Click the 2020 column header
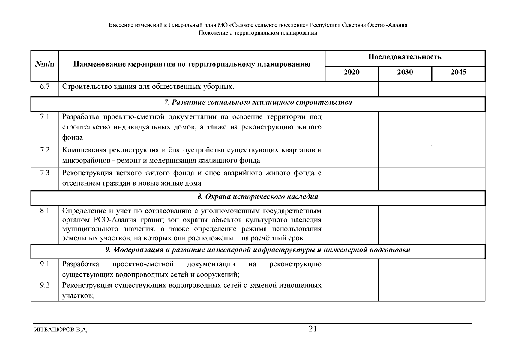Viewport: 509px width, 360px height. [352, 72]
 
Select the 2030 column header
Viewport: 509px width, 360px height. [405, 72]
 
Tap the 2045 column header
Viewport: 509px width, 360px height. [458, 72]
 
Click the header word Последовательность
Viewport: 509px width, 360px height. [405, 57]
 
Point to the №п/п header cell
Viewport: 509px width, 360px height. [45, 64]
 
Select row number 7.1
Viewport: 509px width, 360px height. [45, 116]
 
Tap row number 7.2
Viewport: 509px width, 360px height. [45, 150]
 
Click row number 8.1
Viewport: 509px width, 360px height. [45, 211]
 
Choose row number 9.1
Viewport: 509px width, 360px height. [45, 264]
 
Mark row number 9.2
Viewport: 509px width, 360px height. [45, 285]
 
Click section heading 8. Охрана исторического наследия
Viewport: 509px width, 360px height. [258, 197]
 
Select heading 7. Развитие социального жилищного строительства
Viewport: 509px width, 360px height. [258, 103]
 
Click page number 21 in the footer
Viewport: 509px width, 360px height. [313, 329]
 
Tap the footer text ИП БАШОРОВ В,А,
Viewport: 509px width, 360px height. [61, 330]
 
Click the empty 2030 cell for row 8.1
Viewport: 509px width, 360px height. [405, 224]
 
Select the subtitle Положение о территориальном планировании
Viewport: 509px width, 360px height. [258, 33]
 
